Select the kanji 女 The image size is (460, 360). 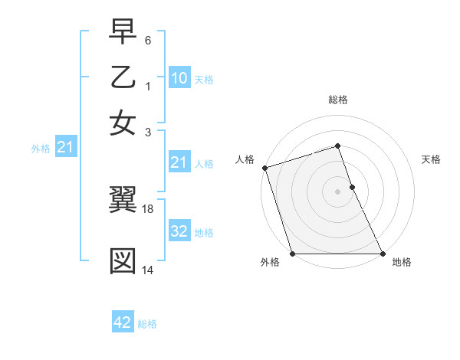[123, 123]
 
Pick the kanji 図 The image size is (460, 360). [123, 260]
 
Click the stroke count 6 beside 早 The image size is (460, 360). [148, 40]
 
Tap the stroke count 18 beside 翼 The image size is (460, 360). [149, 208]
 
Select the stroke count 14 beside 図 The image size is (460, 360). [149, 270]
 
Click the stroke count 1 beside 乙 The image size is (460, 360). [148, 87]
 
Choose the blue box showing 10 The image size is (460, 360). [179, 77]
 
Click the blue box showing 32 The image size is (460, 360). [179, 232]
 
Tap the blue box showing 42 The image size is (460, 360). [123, 322]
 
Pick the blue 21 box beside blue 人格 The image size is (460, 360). [179, 162]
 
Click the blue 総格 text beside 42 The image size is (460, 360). [147, 324]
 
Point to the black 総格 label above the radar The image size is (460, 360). [338, 100]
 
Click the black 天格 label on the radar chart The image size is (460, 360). [431, 159]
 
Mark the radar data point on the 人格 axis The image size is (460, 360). [264, 168]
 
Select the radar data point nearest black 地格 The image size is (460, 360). [383, 254]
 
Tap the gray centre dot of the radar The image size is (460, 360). [338, 191]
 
